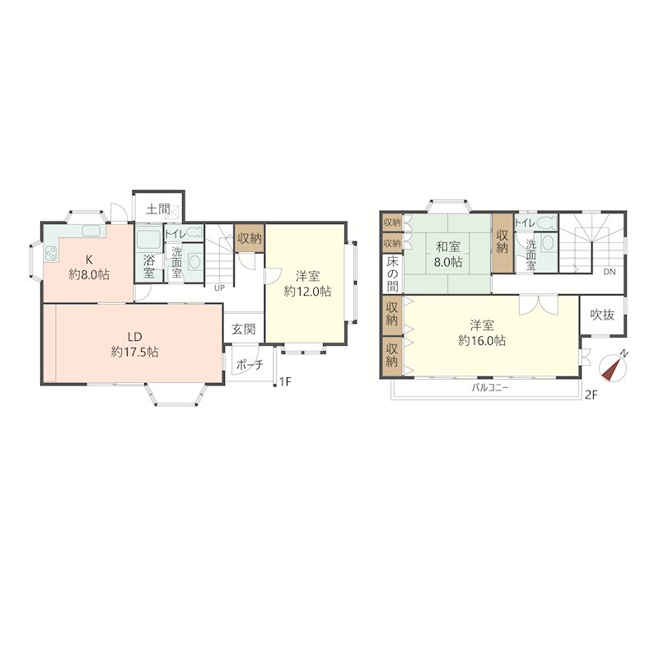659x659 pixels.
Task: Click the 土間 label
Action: pyautogui.click(x=158, y=209)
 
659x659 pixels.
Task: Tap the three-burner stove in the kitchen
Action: pyautogui.click(x=51, y=254)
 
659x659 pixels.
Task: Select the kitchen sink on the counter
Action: pyautogui.click(x=91, y=231)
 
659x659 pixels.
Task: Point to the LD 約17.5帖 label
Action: pyautogui.click(x=134, y=344)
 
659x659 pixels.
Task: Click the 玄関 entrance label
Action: pyautogui.click(x=243, y=329)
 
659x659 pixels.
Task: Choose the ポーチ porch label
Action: pyautogui.click(x=250, y=364)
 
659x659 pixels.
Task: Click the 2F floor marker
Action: pyautogui.click(x=591, y=395)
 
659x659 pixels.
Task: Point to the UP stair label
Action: pyautogui.click(x=219, y=287)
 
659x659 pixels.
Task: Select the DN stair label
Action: pyautogui.click(x=610, y=272)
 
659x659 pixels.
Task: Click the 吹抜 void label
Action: pyautogui.click(x=602, y=315)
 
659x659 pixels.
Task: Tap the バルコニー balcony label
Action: pyautogui.click(x=490, y=387)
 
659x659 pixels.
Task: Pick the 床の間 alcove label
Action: pyautogui.click(x=392, y=274)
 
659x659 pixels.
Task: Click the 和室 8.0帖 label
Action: pyautogui.click(x=448, y=255)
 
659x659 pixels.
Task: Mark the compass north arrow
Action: pyautogui.click(x=613, y=367)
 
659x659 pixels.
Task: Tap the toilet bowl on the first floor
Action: pyautogui.click(x=194, y=232)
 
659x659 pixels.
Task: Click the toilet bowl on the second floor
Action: pyautogui.click(x=546, y=222)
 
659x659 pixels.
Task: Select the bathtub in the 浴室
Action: pyautogui.click(x=148, y=239)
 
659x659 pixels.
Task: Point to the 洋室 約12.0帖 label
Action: pyautogui.click(x=307, y=283)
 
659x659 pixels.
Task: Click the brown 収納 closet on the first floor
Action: pyautogui.click(x=250, y=238)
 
